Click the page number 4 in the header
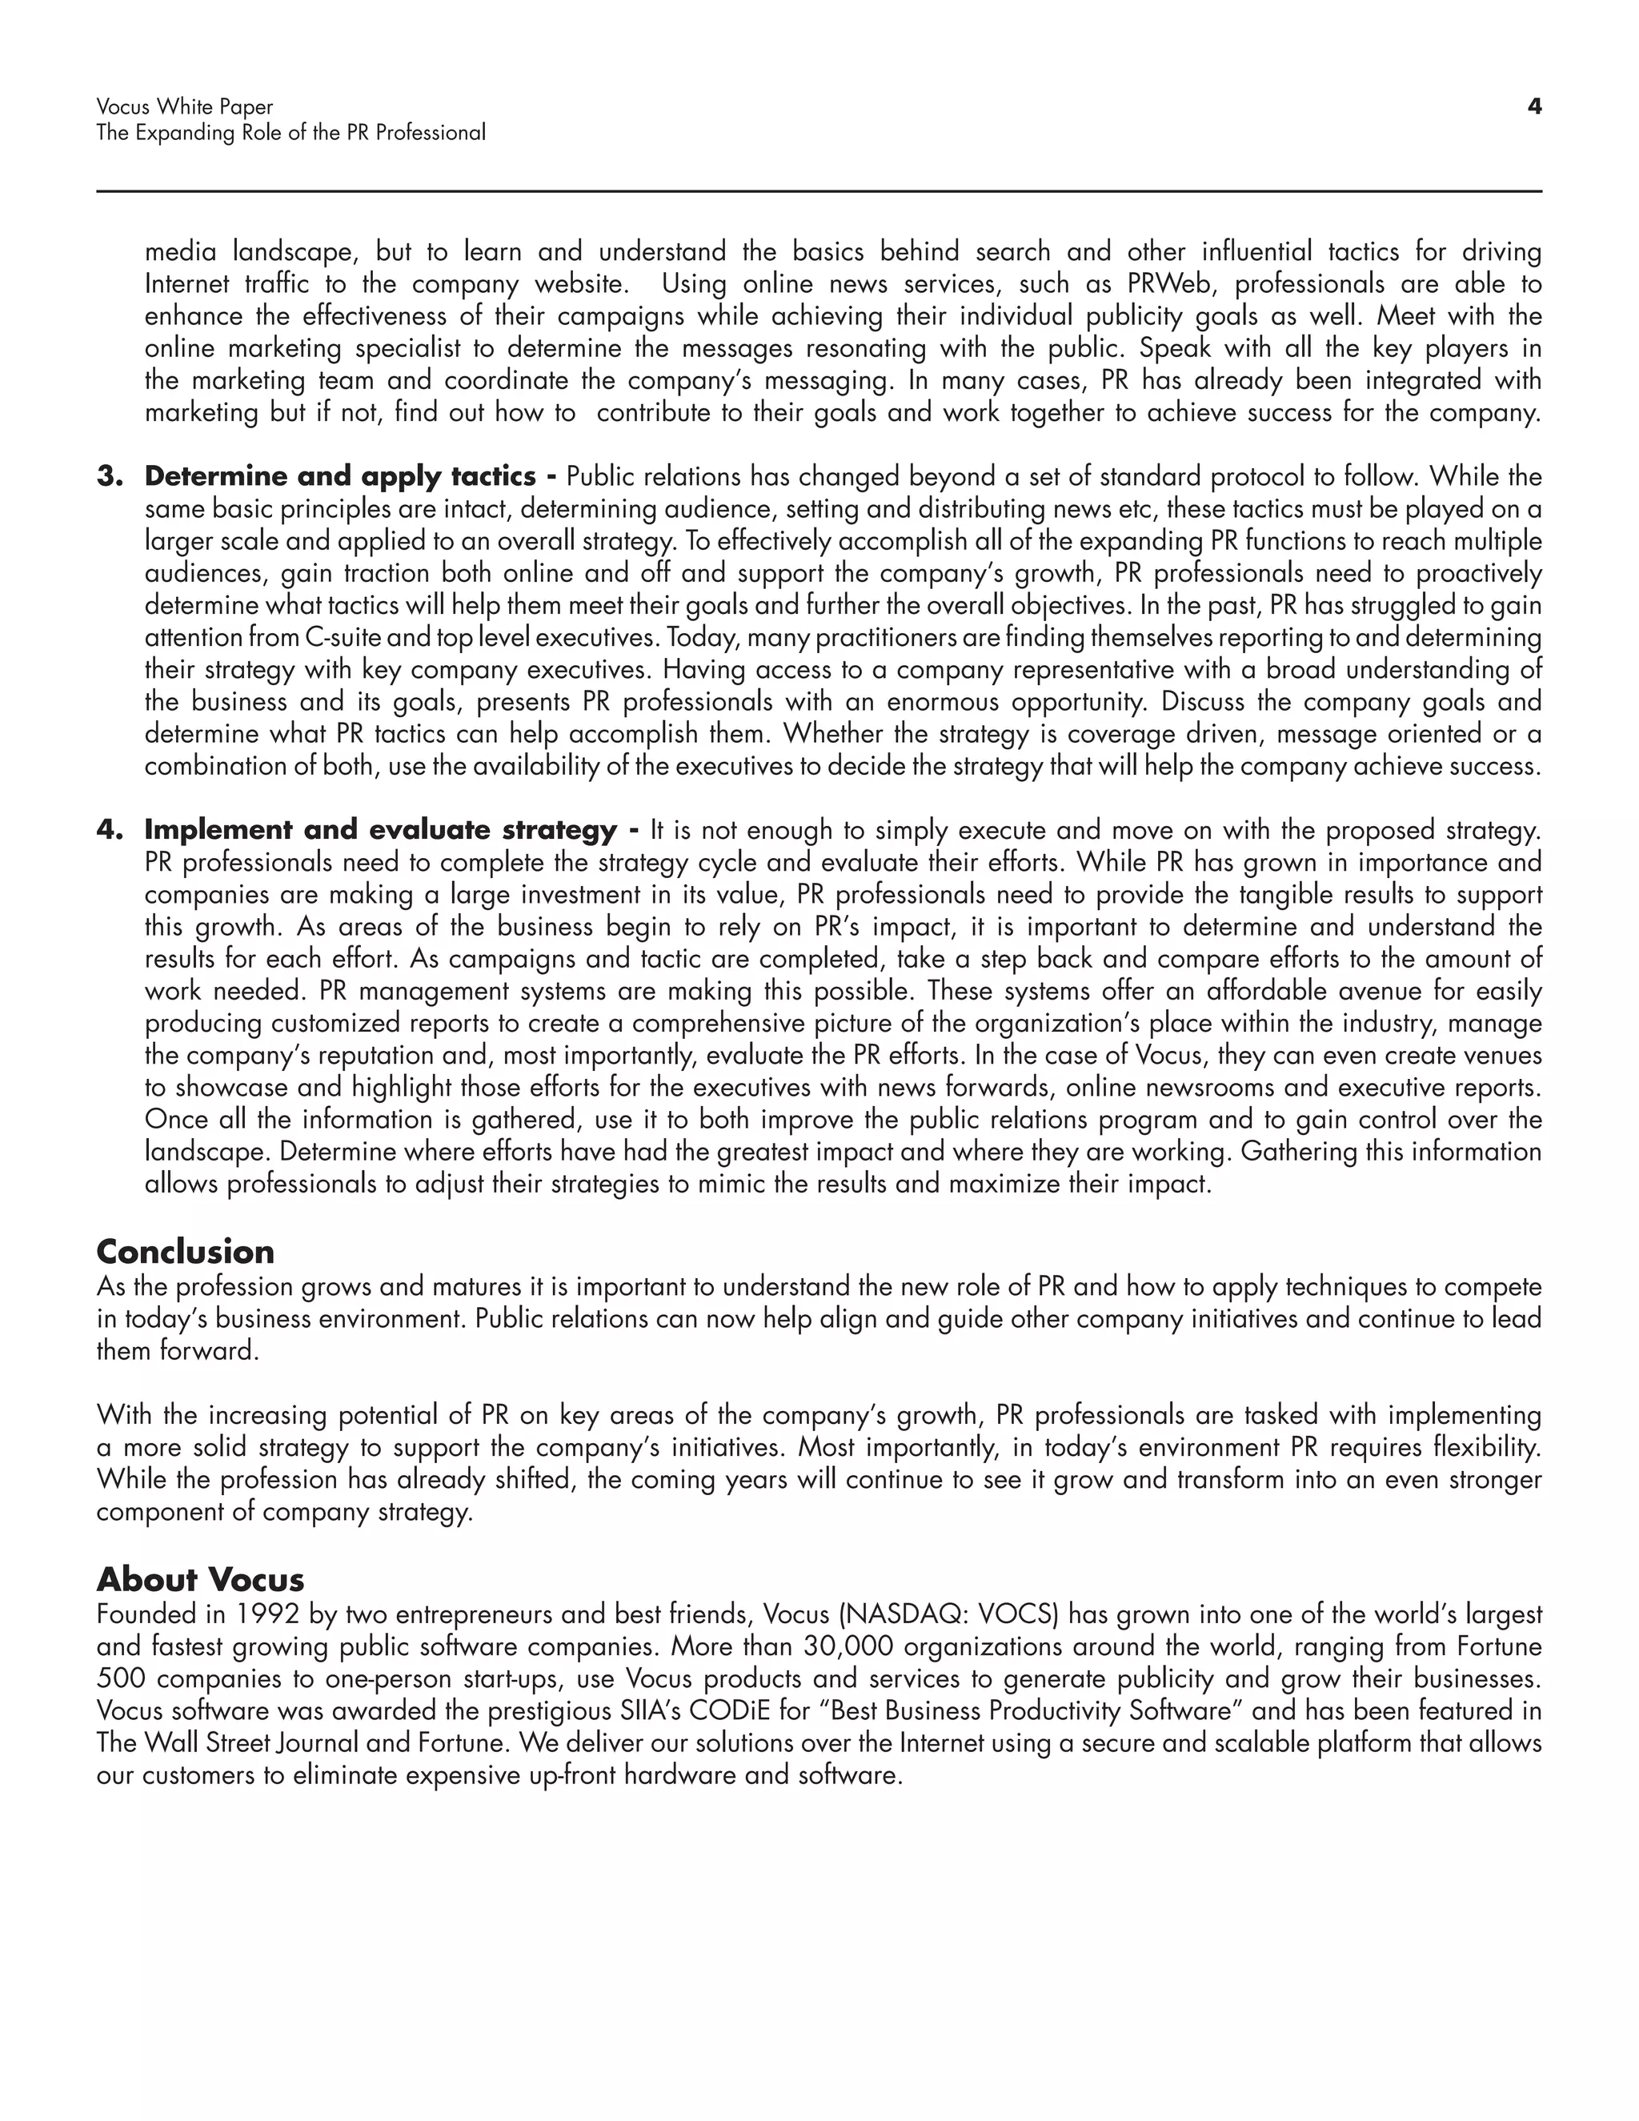(x=1534, y=106)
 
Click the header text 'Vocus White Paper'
(x=185, y=106)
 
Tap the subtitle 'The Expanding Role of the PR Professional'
(x=291, y=133)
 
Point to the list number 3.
(x=110, y=477)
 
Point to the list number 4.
(x=110, y=830)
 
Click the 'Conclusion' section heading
(x=185, y=1251)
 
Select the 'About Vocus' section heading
(x=200, y=1579)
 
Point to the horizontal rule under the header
(x=819, y=191)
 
